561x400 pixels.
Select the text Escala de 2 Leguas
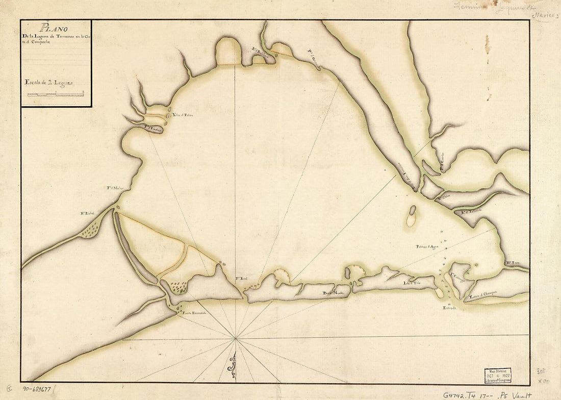pyautogui.click(x=48, y=82)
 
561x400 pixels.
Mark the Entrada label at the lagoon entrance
pyautogui.click(x=449, y=308)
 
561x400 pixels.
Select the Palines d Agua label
pyautogui.click(x=427, y=246)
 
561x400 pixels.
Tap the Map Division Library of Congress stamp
pyautogui.click(x=498, y=376)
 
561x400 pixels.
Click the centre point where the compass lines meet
pyautogui.click(x=235, y=338)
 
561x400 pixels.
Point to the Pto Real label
pyautogui.click(x=241, y=279)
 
